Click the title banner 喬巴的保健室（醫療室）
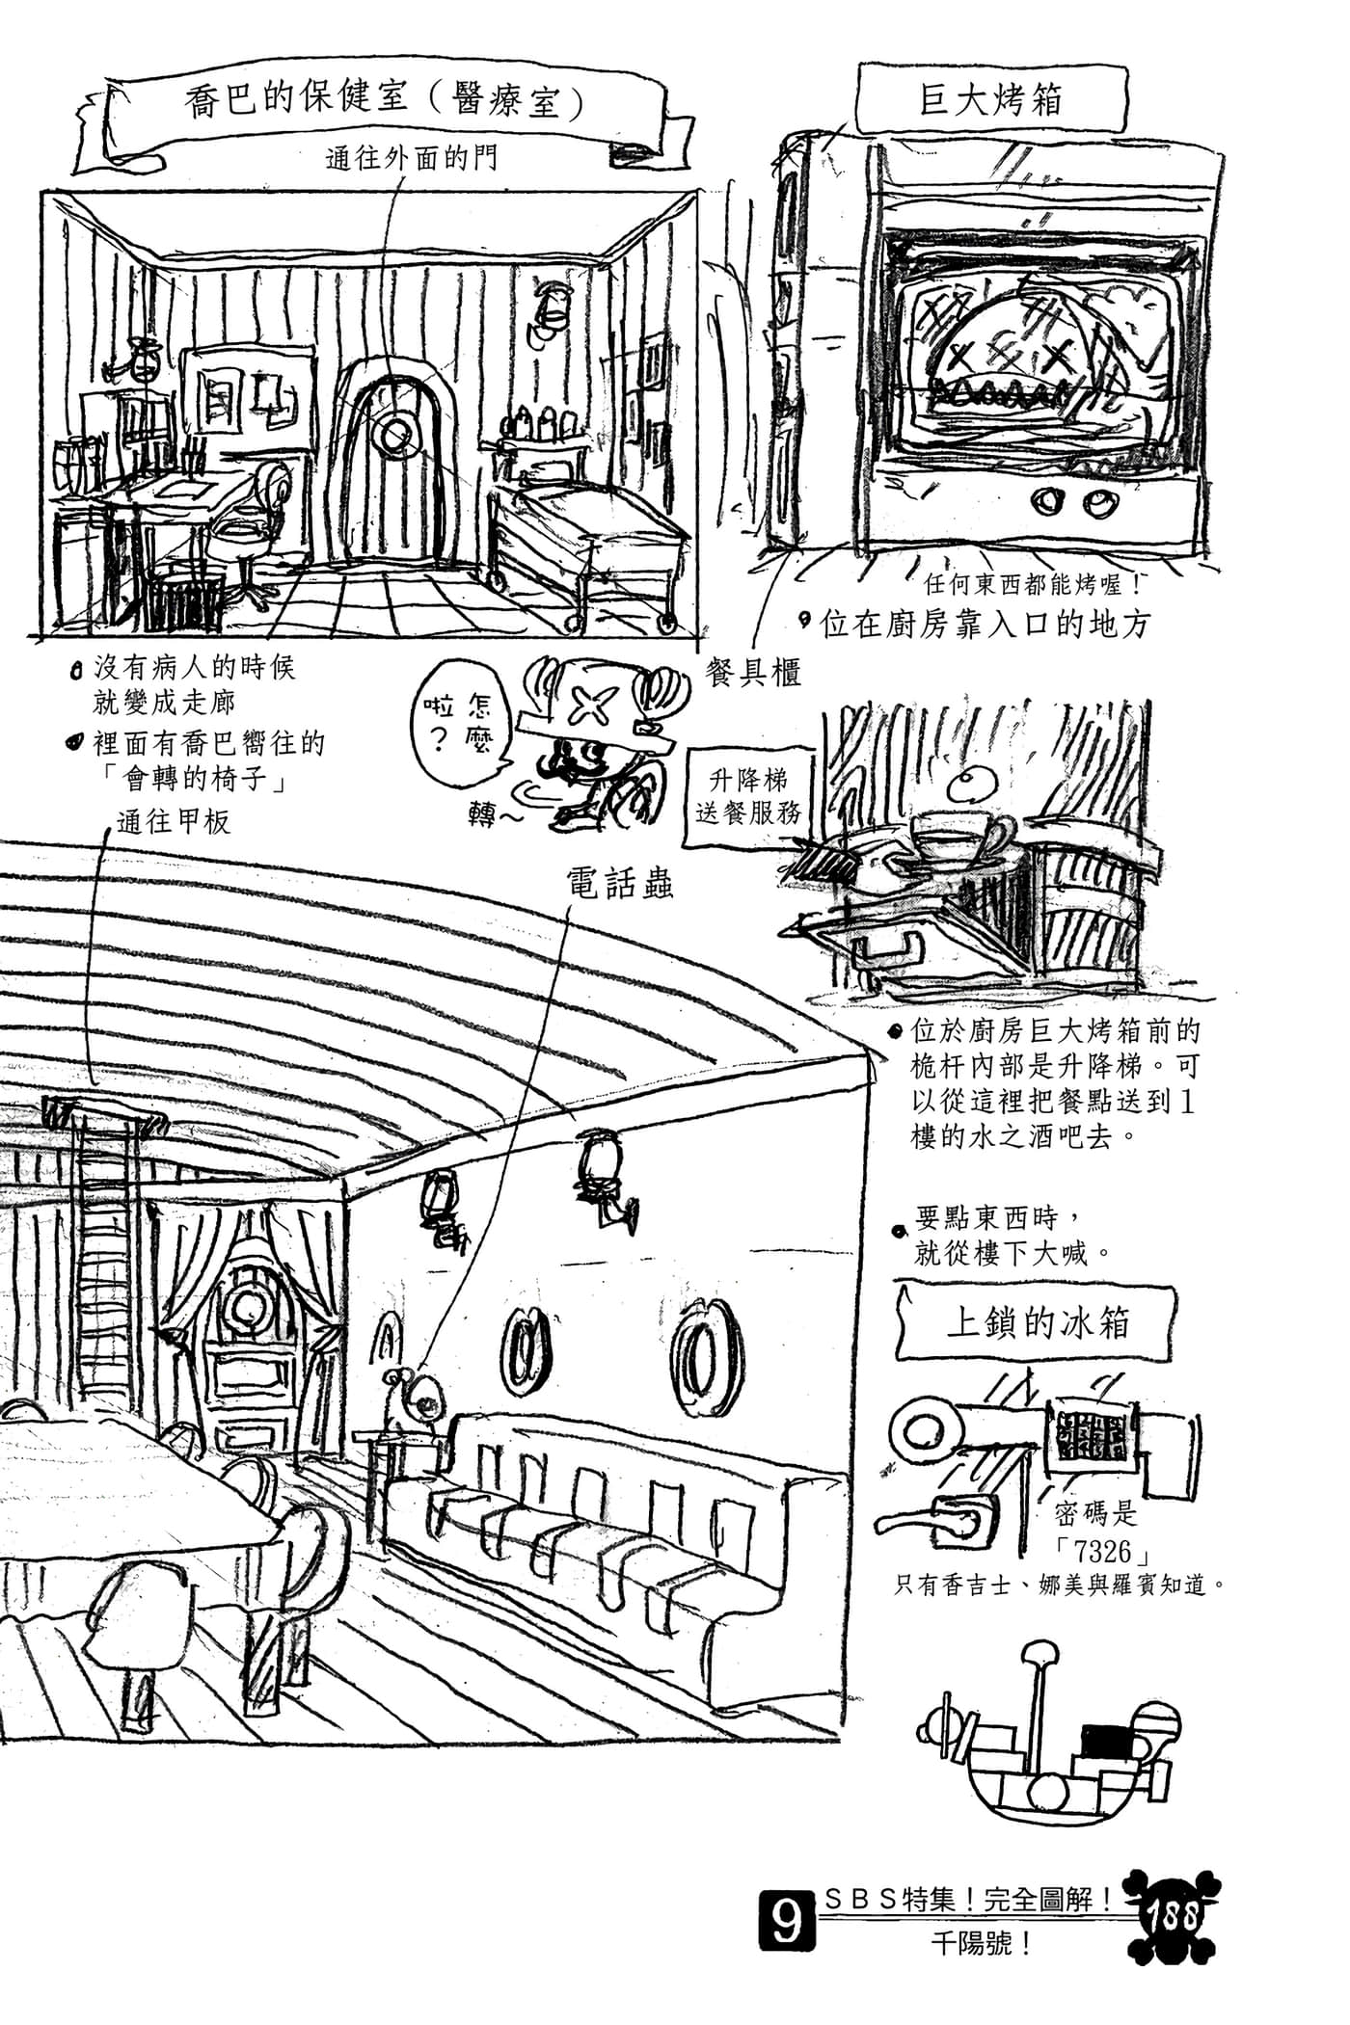[386, 101]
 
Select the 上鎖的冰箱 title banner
[1037, 1322]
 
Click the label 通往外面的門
[412, 158]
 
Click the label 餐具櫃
[753, 672]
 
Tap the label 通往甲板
[175, 821]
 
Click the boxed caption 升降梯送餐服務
[747, 795]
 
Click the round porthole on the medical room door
[393, 437]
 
